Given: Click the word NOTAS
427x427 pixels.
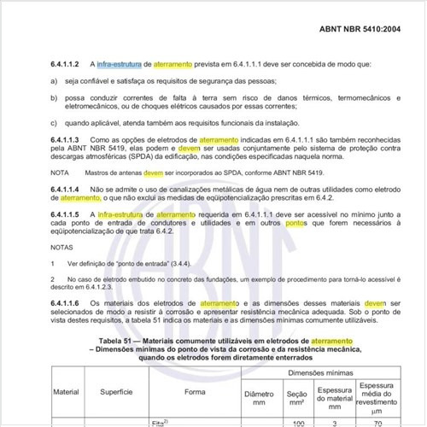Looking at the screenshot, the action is (61, 246).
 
